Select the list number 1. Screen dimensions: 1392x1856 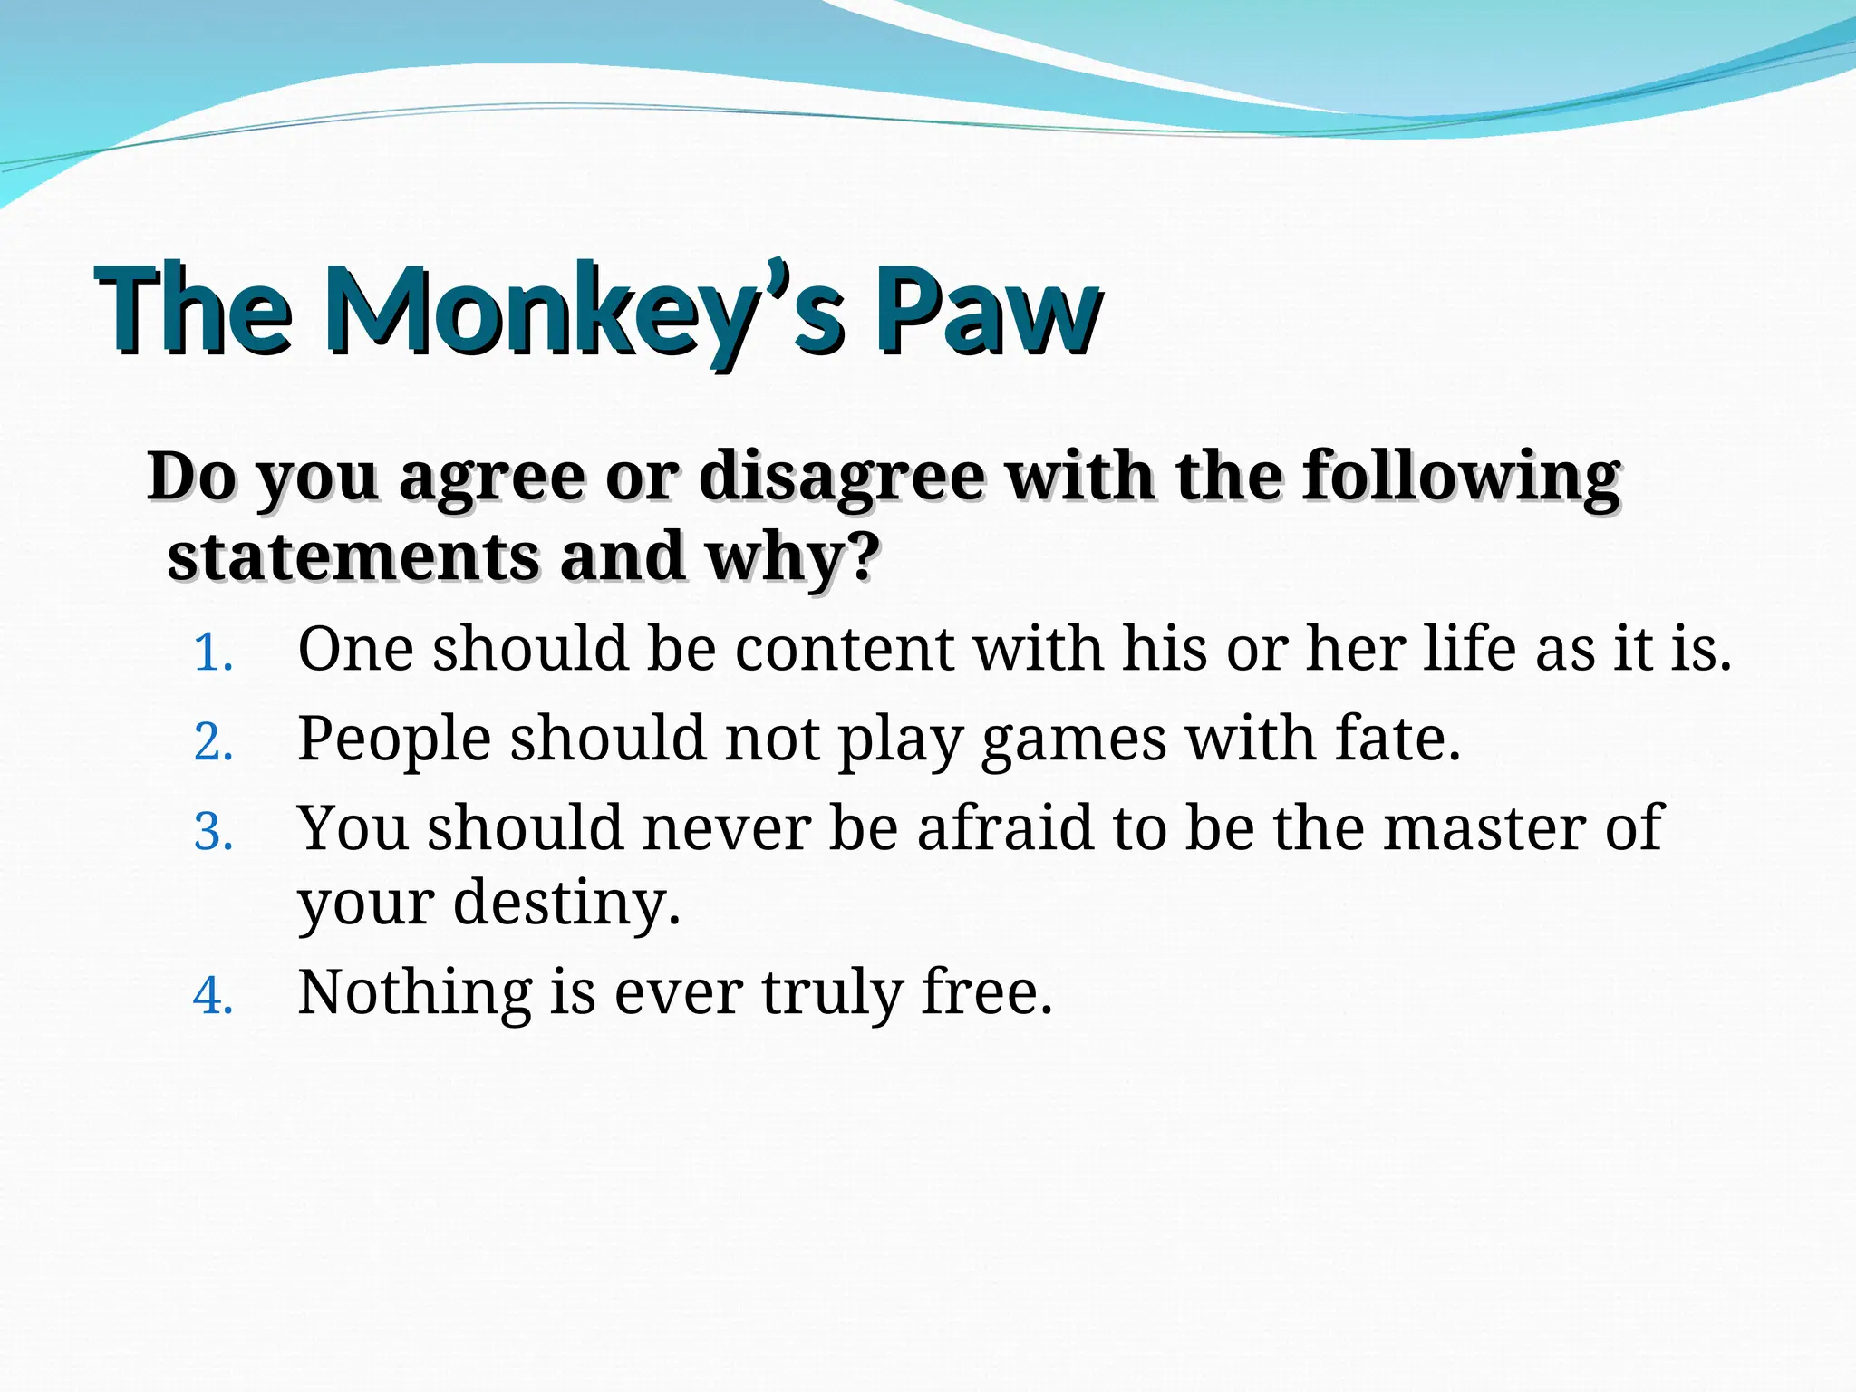tap(214, 652)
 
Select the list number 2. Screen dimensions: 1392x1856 tap(214, 742)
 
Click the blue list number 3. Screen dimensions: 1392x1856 tap(214, 832)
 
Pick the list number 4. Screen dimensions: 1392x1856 tap(214, 996)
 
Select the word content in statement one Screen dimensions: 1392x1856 tap(844, 649)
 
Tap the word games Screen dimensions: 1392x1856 tap(1074, 739)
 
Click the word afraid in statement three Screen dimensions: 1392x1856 tap(1006, 828)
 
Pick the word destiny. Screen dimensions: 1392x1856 tap(566, 903)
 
